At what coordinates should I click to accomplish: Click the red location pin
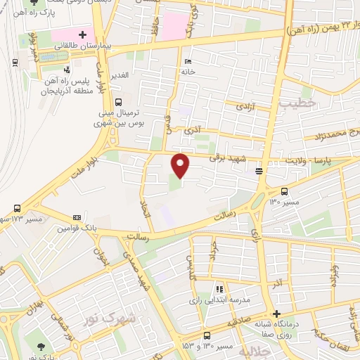(x=181, y=166)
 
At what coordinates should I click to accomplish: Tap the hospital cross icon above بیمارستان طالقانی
(x=82, y=34)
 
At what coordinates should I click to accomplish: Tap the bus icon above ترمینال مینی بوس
(x=118, y=101)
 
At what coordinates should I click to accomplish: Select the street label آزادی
(x=243, y=107)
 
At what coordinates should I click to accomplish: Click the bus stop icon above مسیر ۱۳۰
(x=284, y=191)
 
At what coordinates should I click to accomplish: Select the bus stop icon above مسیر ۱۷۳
(x=16, y=208)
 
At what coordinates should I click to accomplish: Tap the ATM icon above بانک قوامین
(x=77, y=218)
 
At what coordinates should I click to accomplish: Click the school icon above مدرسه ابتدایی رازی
(x=219, y=288)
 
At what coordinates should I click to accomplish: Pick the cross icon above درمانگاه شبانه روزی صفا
(x=277, y=314)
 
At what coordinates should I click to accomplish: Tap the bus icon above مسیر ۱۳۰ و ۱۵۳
(x=207, y=335)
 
